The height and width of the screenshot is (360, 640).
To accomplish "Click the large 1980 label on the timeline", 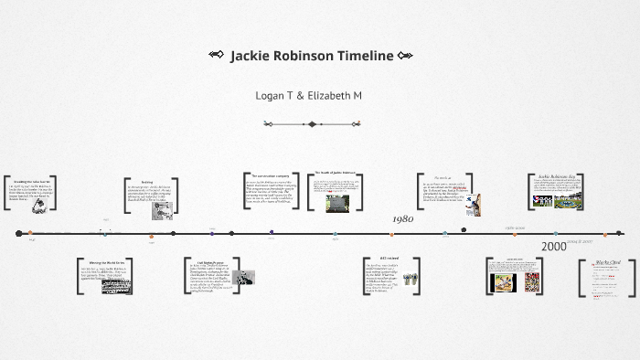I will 403,219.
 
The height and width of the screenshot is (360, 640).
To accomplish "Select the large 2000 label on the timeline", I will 553,247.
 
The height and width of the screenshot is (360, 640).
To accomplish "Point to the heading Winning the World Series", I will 106,262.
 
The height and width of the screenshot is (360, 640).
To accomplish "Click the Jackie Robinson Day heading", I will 555,176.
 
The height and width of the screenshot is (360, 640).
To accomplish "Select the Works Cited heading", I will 608,262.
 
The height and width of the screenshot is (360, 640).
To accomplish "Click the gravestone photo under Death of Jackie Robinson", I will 337,203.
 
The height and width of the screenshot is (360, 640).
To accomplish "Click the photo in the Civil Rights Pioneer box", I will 243,277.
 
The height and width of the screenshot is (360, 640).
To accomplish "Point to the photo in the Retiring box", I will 162,210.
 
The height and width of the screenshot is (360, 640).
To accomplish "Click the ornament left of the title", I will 217,56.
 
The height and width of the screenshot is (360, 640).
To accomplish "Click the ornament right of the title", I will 405,56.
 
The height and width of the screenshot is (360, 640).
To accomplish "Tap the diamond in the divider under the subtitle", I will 312,124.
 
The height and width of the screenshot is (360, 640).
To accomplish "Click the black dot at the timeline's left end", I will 19,234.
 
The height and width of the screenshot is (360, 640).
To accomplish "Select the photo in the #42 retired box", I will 411,279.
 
